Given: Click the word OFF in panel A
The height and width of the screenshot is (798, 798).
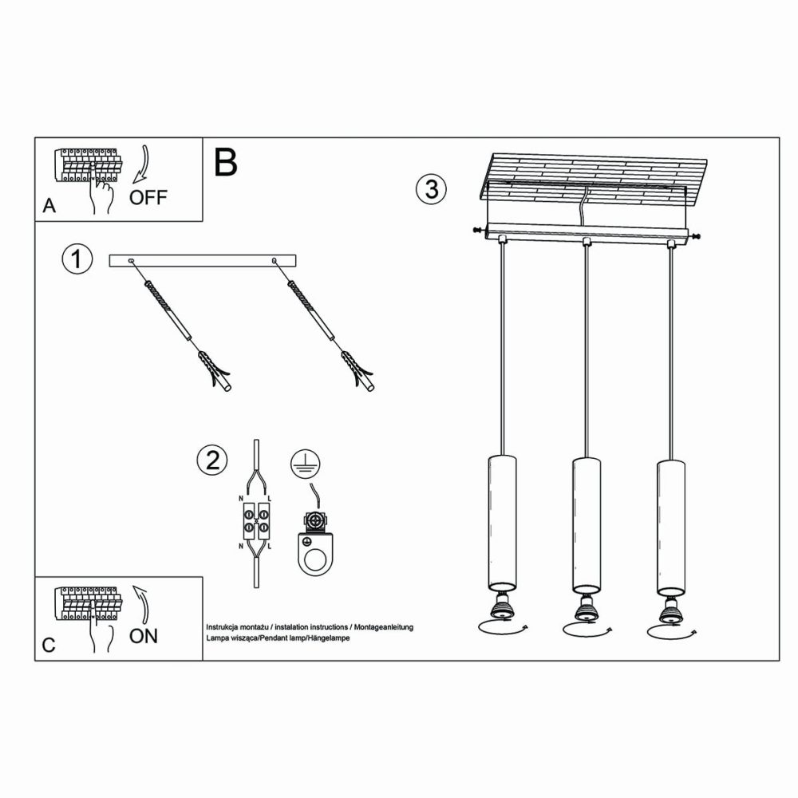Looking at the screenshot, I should tap(148, 198).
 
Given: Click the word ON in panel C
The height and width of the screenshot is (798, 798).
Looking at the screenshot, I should tap(144, 635).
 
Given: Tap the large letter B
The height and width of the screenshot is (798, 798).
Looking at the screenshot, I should tap(226, 162).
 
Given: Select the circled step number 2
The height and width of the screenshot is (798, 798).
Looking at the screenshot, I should tap(211, 460).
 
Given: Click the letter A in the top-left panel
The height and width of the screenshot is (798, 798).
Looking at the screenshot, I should tap(49, 206).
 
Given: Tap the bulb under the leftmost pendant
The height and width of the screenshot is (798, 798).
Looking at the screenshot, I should tap(503, 609).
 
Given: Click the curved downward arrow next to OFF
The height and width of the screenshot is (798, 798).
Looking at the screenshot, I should tap(141, 165).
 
